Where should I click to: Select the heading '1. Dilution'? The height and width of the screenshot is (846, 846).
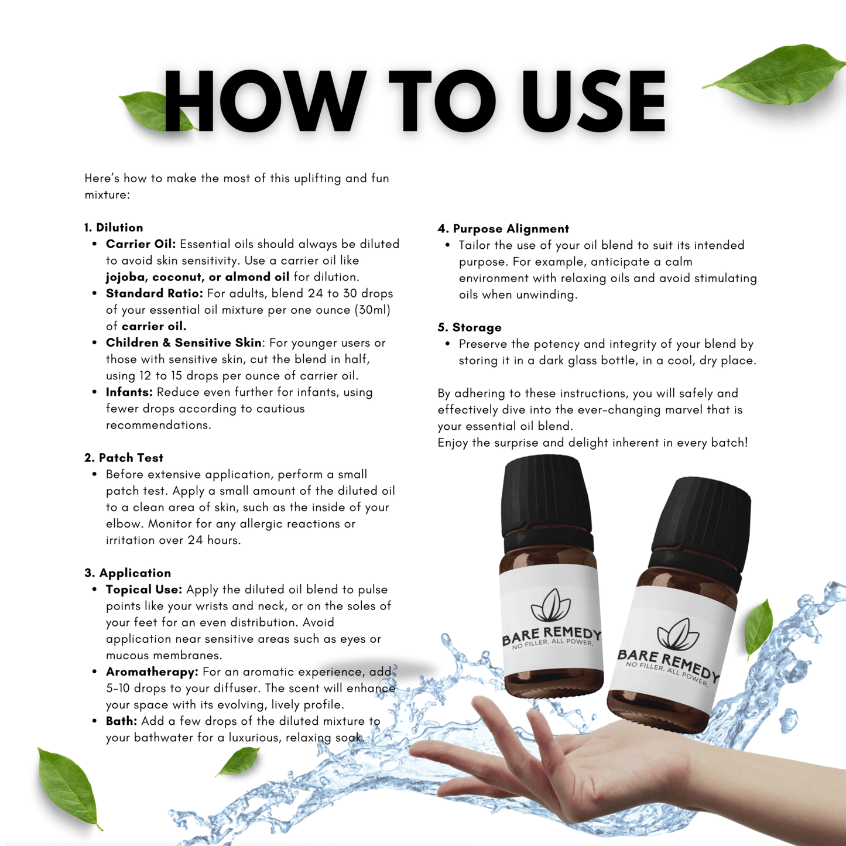(x=114, y=227)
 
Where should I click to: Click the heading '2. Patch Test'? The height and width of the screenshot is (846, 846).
(x=124, y=457)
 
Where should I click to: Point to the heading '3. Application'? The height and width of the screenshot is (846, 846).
(x=128, y=573)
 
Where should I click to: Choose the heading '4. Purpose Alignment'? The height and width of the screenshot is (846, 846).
(x=503, y=229)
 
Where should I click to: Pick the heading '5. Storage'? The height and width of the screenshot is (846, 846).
(x=470, y=327)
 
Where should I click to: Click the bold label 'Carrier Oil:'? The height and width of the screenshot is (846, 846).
(x=141, y=244)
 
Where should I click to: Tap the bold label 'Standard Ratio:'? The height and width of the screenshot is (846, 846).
(x=155, y=293)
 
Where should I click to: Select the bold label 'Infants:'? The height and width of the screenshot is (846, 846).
(x=129, y=392)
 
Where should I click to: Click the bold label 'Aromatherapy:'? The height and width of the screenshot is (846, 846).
(x=152, y=672)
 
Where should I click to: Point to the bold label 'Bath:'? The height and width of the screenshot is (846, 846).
(x=122, y=721)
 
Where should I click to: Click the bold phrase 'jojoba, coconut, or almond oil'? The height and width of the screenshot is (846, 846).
(x=197, y=277)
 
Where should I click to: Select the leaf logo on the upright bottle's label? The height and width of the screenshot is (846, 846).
(x=550, y=605)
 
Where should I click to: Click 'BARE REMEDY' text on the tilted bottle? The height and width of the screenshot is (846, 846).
(x=668, y=665)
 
